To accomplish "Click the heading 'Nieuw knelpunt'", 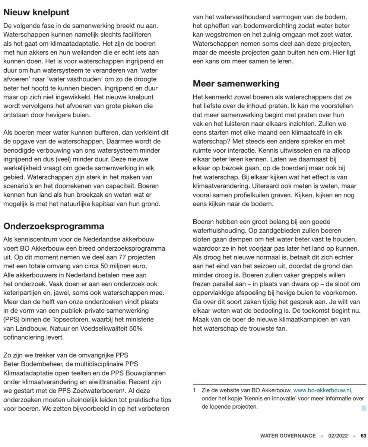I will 36,12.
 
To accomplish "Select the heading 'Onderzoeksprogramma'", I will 54,226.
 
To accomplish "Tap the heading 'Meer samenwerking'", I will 236,83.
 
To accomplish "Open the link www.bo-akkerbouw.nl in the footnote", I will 322,390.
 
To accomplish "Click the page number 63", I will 363,435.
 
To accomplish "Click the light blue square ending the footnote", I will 364,408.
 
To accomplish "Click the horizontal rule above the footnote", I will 279,384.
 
